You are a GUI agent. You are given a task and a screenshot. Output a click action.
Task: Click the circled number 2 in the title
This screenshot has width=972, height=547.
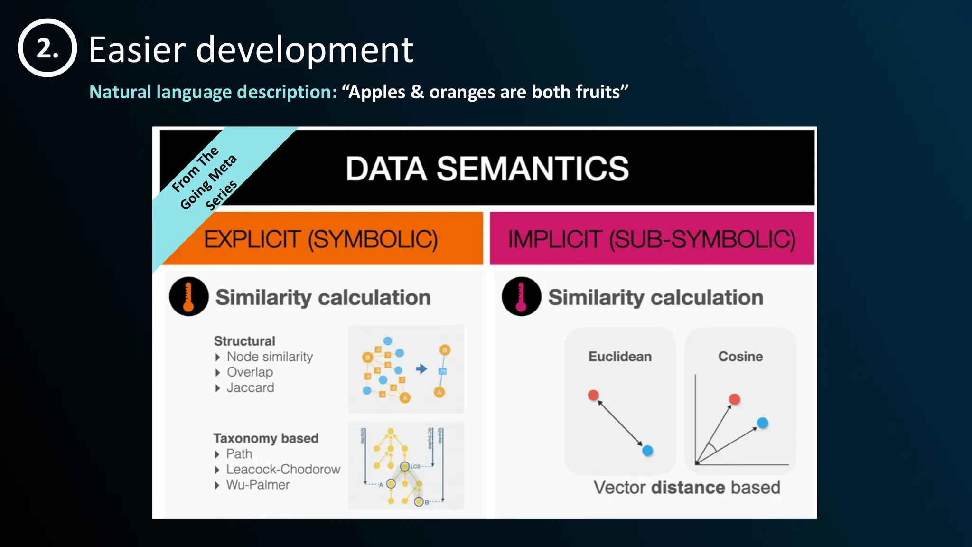coord(47,48)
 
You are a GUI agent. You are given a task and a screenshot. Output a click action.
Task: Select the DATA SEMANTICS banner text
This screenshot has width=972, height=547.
coord(487,169)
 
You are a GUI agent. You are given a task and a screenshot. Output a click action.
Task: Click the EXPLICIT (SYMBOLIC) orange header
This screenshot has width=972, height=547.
coord(321,239)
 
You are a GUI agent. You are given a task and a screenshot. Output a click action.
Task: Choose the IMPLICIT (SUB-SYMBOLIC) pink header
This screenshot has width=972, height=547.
coord(652,239)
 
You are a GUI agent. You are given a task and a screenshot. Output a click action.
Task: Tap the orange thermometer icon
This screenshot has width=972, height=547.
coord(188,297)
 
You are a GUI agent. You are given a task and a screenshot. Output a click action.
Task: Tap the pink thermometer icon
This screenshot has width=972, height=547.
coord(521,297)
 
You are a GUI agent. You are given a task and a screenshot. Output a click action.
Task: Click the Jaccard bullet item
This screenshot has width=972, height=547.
coord(250,387)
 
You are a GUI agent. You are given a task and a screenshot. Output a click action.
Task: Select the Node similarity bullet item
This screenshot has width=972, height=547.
coord(270,357)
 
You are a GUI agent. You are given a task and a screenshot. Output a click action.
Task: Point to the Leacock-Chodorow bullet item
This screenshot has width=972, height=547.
coord(283,469)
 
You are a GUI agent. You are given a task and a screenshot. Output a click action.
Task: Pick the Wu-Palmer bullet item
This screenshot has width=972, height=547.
coord(257,485)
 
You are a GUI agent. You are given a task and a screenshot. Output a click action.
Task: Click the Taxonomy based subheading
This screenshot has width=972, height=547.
coord(266,438)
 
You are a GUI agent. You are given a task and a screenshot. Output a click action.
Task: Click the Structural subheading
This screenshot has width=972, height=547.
coord(244,341)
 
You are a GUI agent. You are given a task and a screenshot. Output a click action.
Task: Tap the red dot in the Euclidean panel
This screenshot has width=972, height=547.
coord(593,395)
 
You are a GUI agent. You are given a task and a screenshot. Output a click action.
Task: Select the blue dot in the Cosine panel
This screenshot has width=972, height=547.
coord(762,423)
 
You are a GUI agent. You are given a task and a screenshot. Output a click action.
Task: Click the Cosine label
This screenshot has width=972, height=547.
coord(740,356)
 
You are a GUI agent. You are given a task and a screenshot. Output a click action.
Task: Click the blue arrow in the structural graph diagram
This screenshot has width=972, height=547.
coord(421,369)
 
